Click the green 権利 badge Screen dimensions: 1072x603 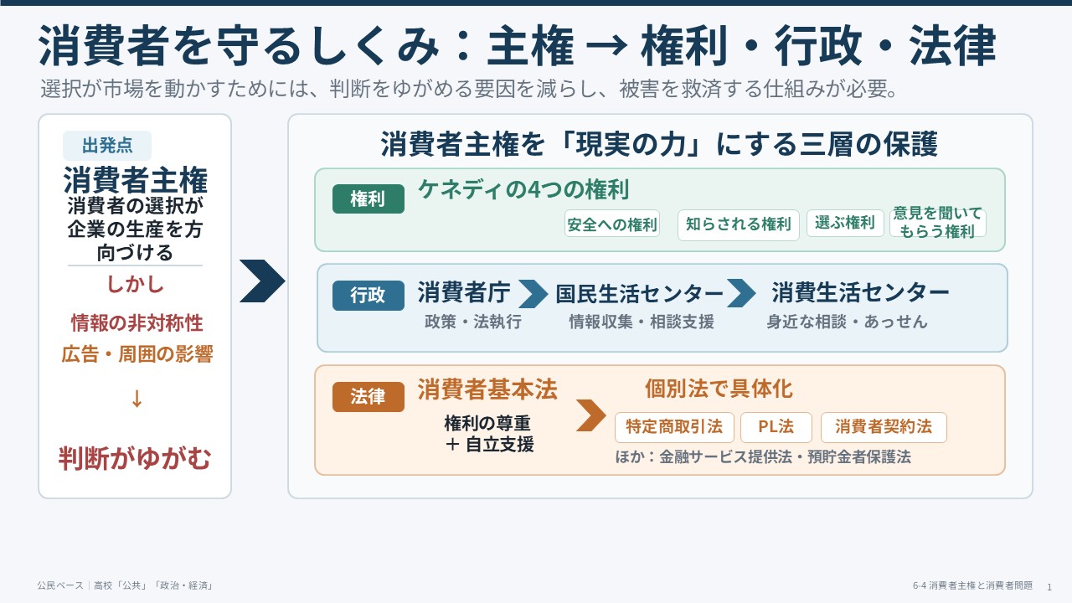[368, 198]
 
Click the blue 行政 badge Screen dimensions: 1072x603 [368, 296]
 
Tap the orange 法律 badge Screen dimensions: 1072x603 [368, 397]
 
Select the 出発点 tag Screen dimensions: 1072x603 [107, 146]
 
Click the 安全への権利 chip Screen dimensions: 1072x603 [612, 224]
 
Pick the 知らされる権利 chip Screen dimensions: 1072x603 [739, 224]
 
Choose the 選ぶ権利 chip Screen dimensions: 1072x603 [845, 223]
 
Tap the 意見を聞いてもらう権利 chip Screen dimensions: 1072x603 [937, 222]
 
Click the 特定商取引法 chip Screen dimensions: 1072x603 [674, 427]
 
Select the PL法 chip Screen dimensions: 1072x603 [776, 427]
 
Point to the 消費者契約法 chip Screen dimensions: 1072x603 [884, 427]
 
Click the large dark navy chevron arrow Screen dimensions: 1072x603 [262, 281]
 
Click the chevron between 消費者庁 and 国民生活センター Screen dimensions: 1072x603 [533, 293]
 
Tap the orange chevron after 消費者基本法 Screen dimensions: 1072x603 [591, 415]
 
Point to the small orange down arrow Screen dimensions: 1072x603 [137, 398]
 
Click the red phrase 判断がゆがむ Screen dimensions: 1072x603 [135, 458]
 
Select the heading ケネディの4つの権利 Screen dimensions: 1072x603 [523, 189]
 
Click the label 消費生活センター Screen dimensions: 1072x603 [860, 292]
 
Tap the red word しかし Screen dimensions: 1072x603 [135, 284]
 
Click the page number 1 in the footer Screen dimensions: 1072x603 [1049, 587]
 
